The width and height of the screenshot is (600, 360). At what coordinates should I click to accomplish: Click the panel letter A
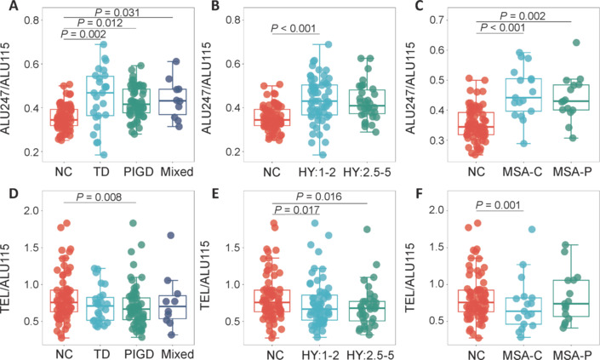[7, 8]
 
